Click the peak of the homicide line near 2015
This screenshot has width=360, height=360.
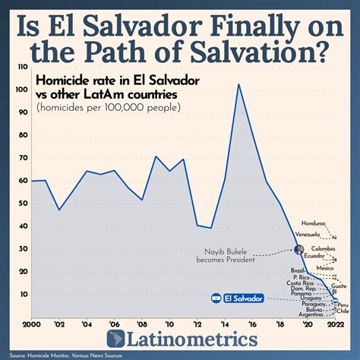(239, 84)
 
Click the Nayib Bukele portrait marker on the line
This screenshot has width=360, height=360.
(298, 249)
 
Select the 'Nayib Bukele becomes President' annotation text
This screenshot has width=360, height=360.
(243, 256)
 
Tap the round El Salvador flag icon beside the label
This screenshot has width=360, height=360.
(216, 299)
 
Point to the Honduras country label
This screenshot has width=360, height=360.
(313, 223)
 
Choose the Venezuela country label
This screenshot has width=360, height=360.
(308, 235)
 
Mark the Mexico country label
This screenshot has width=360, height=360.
(325, 268)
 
